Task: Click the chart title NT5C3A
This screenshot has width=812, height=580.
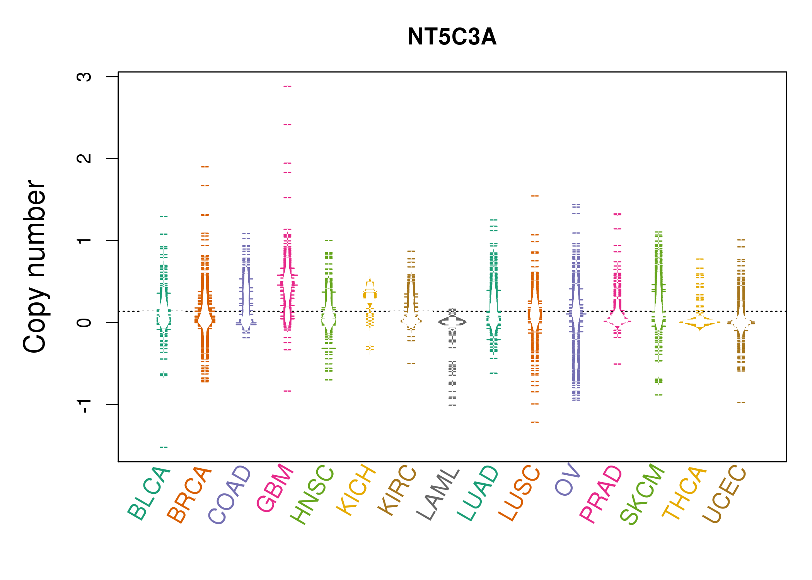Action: pyautogui.click(x=452, y=37)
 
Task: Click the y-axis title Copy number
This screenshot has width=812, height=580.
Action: pyautogui.click(x=34, y=266)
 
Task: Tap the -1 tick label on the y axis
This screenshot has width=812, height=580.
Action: pyautogui.click(x=84, y=404)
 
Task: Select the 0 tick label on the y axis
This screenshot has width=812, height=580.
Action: pyautogui.click(x=84, y=322)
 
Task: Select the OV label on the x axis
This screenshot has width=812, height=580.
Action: pyautogui.click(x=568, y=479)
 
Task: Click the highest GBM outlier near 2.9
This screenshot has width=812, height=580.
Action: pyautogui.click(x=287, y=86)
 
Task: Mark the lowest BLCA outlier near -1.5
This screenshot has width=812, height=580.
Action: pyautogui.click(x=164, y=447)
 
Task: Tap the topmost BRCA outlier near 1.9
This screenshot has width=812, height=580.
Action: pyautogui.click(x=205, y=167)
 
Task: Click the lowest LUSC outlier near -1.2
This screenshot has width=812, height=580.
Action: pyautogui.click(x=535, y=422)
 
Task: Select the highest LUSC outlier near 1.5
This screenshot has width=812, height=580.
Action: pyautogui.click(x=535, y=196)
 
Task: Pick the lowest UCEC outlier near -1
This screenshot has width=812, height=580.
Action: pyautogui.click(x=741, y=403)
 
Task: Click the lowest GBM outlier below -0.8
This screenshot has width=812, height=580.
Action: pyautogui.click(x=287, y=391)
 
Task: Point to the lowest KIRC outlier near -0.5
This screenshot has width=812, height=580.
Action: pyautogui.click(x=411, y=363)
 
